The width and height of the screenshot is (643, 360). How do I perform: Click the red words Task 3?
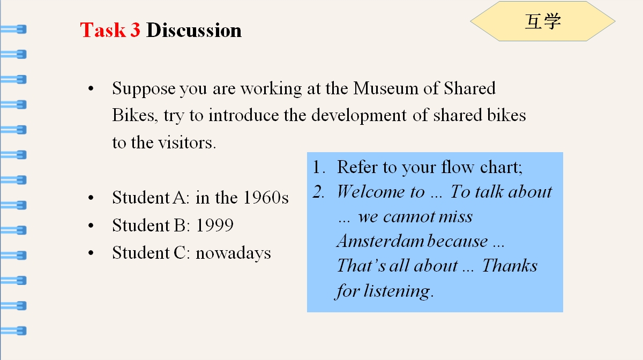[x=110, y=30]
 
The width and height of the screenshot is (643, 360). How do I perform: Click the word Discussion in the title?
[x=194, y=30]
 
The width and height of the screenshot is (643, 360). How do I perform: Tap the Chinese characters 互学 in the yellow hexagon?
[x=542, y=21]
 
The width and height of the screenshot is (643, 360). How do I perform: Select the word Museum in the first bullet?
[x=385, y=88]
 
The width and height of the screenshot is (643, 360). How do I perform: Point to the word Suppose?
[x=144, y=89]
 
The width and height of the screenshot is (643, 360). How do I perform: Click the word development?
[x=359, y=116]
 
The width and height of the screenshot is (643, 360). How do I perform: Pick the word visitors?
[x=187, y=142]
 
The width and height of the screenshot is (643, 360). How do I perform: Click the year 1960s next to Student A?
[x=266, y=198]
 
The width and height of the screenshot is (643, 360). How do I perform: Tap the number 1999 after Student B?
[x=214, y=225]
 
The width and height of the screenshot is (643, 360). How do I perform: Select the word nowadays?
[x=233, y=253]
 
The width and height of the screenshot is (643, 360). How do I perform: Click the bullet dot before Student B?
[x=91, y=226]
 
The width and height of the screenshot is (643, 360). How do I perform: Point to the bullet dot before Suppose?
[x=91, y=88]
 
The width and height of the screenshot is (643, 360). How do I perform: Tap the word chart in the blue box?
[x=501, y=167]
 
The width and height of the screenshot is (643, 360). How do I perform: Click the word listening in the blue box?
[x=398, y=291]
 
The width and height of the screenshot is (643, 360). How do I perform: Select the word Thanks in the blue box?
[x=510, y=265]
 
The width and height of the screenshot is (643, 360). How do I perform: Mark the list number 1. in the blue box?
[x=319, y=167]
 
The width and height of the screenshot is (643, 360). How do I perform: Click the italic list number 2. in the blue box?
[x=319, y=191]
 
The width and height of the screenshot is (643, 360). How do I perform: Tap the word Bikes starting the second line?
[x=135, y=115]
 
